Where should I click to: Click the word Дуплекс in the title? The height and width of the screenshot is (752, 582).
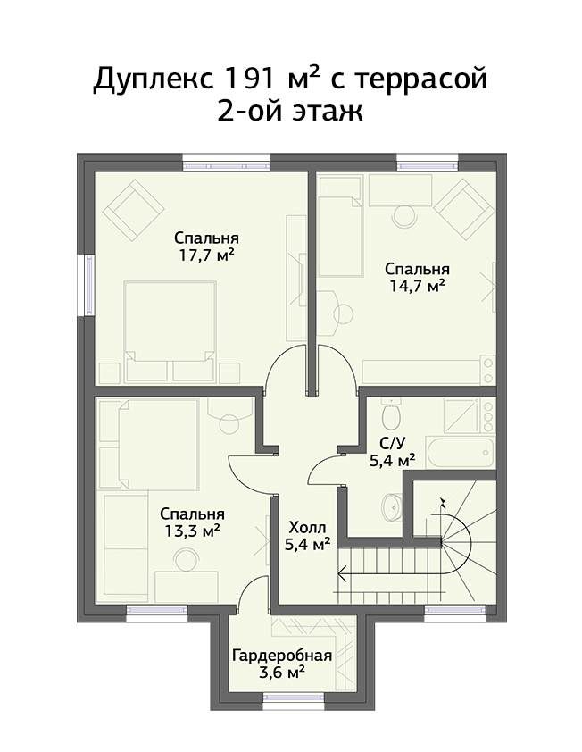pos(153,79)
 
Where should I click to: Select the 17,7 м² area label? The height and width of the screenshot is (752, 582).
pos(206,255)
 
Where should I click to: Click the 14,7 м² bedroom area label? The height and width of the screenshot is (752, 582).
pos(417,286)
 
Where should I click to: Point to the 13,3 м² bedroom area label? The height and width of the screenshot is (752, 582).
pos(192,531)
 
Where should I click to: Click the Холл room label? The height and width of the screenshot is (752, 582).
pos(307,528)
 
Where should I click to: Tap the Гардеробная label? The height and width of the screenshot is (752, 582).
pos(282,656)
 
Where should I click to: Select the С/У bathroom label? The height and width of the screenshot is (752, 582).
pos(391,443)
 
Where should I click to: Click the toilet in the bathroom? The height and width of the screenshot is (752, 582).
pos(391,414)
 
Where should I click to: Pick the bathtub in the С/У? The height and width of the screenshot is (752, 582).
pos(461,452)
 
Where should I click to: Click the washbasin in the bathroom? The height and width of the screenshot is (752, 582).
pos(393,506)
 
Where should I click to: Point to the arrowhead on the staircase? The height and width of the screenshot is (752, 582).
pos(342,573)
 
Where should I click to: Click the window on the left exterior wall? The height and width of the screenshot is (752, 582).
pos(89,285)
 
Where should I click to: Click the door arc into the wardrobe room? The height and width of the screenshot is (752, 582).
pos(251,588)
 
